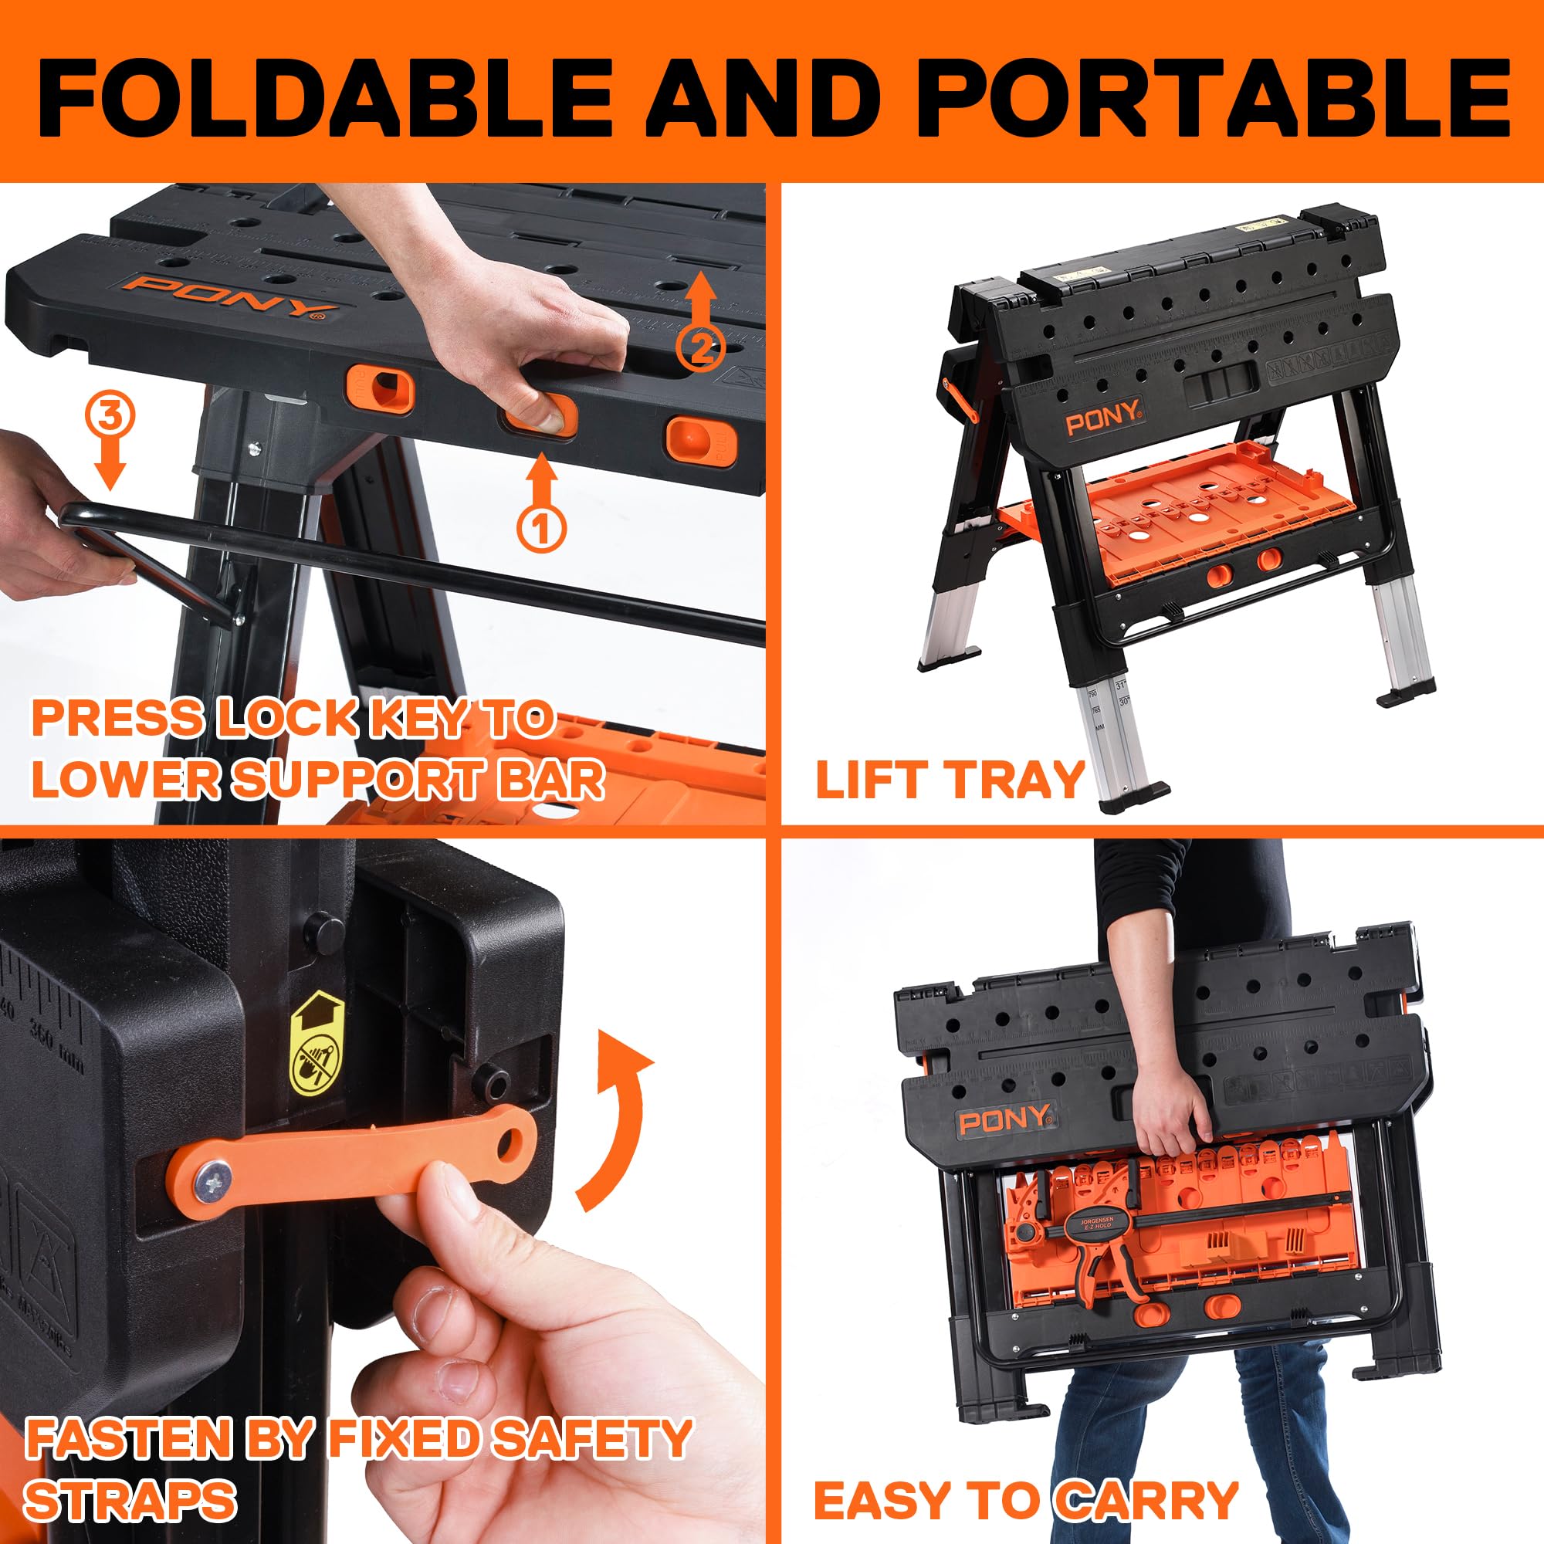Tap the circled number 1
click(x=541, y=527)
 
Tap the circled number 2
click(x=700, y=347)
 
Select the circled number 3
click(x=110, y=415)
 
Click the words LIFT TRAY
click(x=950, y=779)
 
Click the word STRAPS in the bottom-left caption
click(x=130, y=1499)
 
